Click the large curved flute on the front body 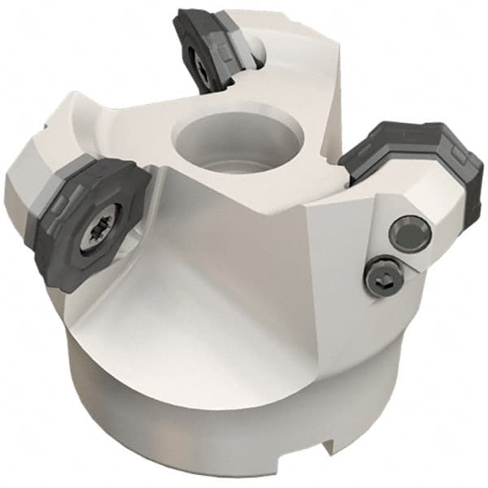click(203, 268)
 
